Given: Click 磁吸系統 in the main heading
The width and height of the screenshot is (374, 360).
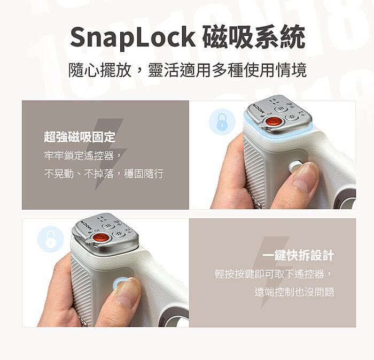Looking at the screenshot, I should tap(254, 37).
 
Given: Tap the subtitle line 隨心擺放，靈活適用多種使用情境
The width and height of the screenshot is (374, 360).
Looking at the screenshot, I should tap(187, 70).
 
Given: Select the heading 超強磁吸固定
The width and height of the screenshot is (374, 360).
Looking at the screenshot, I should tap(80, 137).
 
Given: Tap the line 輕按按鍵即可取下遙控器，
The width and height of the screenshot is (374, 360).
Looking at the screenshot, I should tap(274, 274).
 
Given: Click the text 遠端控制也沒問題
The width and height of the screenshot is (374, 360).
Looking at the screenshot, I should tap(294, 292).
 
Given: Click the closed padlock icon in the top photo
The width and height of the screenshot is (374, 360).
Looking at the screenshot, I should tap(221, 122).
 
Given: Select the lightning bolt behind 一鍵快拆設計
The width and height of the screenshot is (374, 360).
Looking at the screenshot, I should tap(275, 267).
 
